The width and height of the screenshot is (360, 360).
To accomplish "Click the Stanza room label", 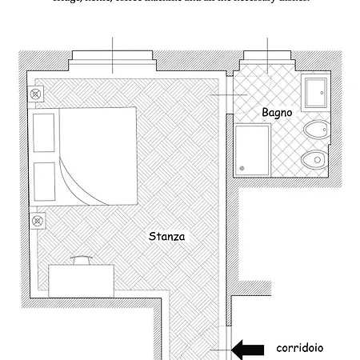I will tap(166, 237).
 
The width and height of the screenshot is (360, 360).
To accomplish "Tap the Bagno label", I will tap(277, 113).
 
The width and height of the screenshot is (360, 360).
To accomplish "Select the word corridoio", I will tap(300, 348).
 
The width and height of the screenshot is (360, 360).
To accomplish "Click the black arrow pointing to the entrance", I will tap(248, 349).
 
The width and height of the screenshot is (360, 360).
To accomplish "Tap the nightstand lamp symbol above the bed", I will tap(35, 94).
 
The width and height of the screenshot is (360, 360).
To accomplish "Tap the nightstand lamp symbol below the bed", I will tap(35, 219).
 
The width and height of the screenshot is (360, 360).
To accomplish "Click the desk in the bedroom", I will tap(80, 280).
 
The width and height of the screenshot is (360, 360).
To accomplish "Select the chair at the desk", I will tap(81, 260).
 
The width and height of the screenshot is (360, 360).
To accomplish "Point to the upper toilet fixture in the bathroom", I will tap(316, 130).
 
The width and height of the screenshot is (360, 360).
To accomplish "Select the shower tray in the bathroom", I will tap(252, 150).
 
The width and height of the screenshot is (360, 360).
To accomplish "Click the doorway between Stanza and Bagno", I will tap(226, 96).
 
